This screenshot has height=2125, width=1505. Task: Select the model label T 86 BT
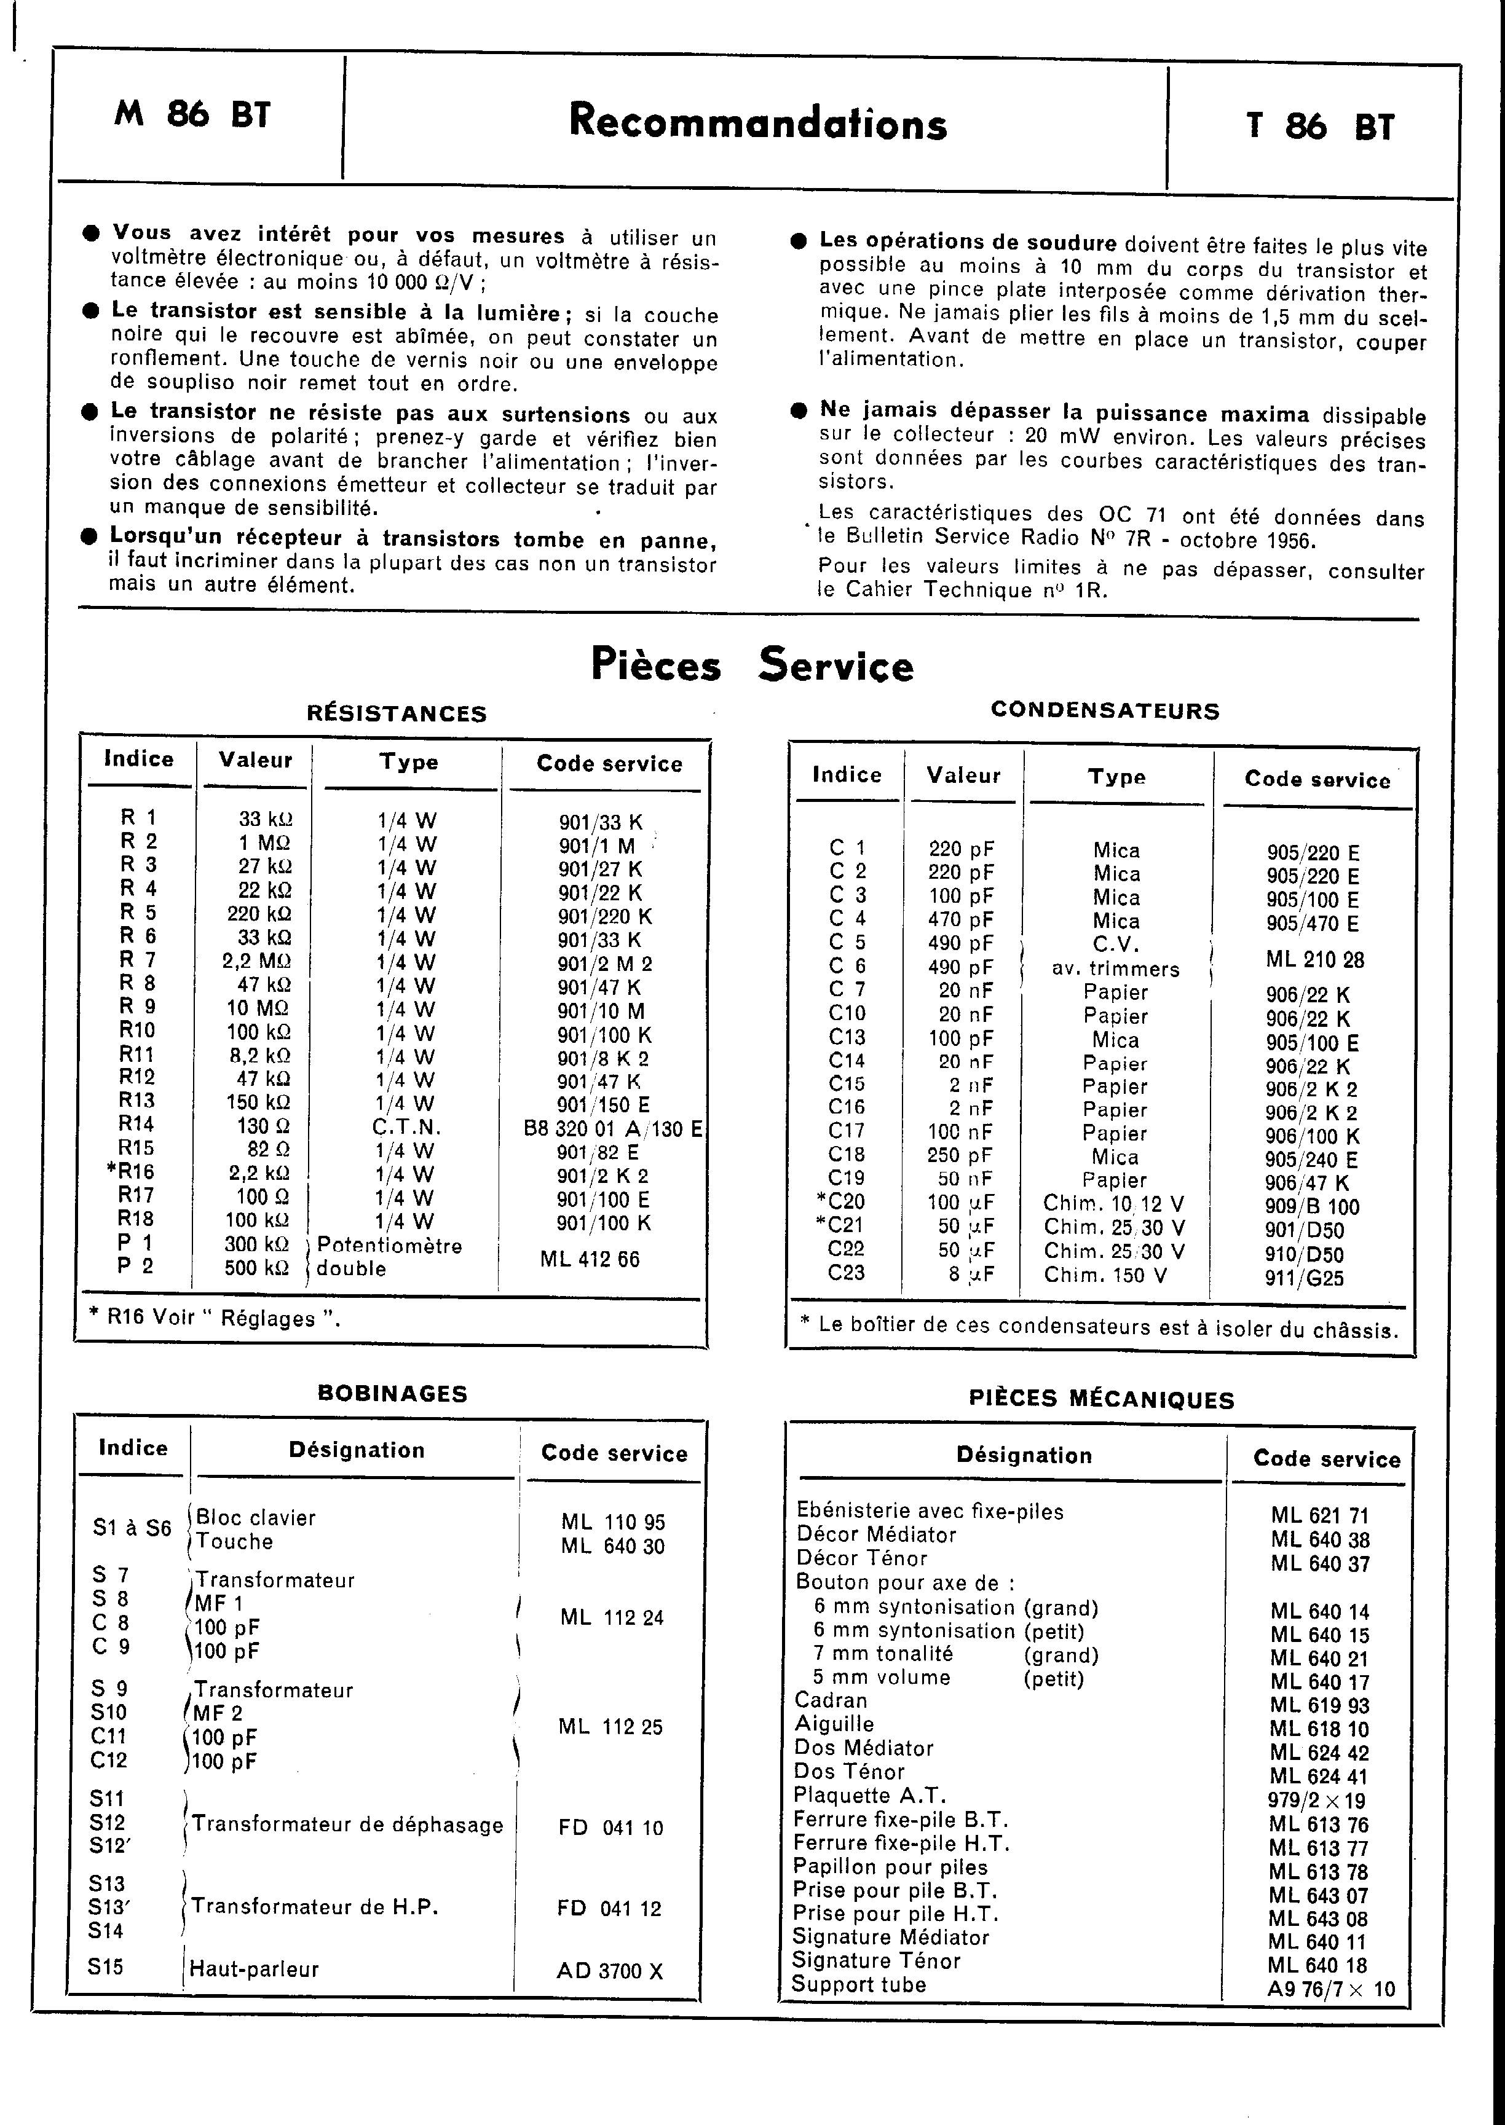1320,126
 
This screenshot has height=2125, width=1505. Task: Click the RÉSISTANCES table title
397,713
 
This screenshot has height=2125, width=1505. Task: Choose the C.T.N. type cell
407,1128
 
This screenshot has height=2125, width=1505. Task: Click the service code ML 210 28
1315,960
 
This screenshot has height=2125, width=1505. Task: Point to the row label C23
846,1273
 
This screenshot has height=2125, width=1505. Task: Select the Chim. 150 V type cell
1105,1276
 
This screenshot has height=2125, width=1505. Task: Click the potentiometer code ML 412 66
590,1259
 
